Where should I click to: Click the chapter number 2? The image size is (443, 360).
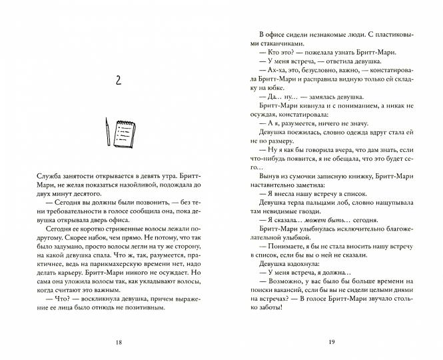[x=118, y=81]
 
